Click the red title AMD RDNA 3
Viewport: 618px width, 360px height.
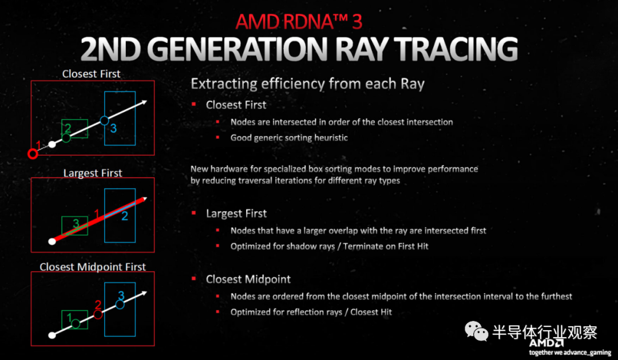click(299, 21)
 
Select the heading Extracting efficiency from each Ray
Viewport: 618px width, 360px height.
click(307, 84)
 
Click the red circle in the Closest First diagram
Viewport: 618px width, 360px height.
click(33, 154)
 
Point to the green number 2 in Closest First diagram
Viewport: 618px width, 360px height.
click(68, 128)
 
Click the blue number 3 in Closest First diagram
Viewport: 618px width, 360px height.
click(113, 128)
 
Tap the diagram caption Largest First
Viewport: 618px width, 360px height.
click(93, 173)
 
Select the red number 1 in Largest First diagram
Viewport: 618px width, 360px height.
click(97, 214)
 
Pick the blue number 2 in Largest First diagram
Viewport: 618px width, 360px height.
click(125, 216)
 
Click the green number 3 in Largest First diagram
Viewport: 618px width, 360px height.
click(76, 223)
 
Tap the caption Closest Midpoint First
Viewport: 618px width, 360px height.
click(93, 267)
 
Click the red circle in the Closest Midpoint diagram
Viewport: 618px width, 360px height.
click(98, 314)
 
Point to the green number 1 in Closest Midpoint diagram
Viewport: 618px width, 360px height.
click(69, 318)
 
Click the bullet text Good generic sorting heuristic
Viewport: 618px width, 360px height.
click(289, 137)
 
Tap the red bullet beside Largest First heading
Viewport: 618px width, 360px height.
click(193, 213)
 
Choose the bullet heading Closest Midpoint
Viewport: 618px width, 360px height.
click(248, 279)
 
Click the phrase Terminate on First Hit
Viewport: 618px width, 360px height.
click(386, 247)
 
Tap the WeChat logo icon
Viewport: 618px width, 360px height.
click(476, 331)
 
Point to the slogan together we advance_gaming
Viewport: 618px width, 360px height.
click(570, 353)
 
